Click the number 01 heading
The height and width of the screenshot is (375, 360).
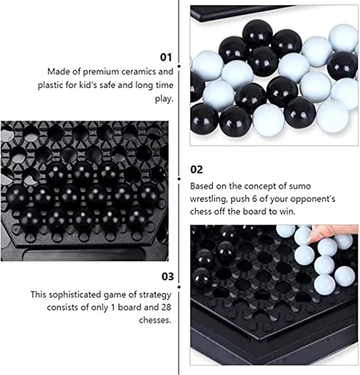tap(166, 57)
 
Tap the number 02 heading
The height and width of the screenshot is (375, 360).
tap(196, 169)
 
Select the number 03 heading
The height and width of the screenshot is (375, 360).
tap(167, 276)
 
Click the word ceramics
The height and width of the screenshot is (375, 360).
tap(139, 72)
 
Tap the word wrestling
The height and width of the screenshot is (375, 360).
tap(208, 199)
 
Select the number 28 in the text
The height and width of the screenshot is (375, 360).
tap(166, 307)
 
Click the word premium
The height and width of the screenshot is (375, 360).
tap(101, 72)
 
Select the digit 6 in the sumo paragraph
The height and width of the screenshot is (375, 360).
tap(254, 199)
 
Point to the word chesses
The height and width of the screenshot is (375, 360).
tap(155, 320)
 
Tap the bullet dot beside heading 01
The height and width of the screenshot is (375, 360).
tap(179, 66)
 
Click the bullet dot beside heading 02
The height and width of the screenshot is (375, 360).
tap(179, 178)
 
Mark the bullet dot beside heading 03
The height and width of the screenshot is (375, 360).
tap(179, 287)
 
